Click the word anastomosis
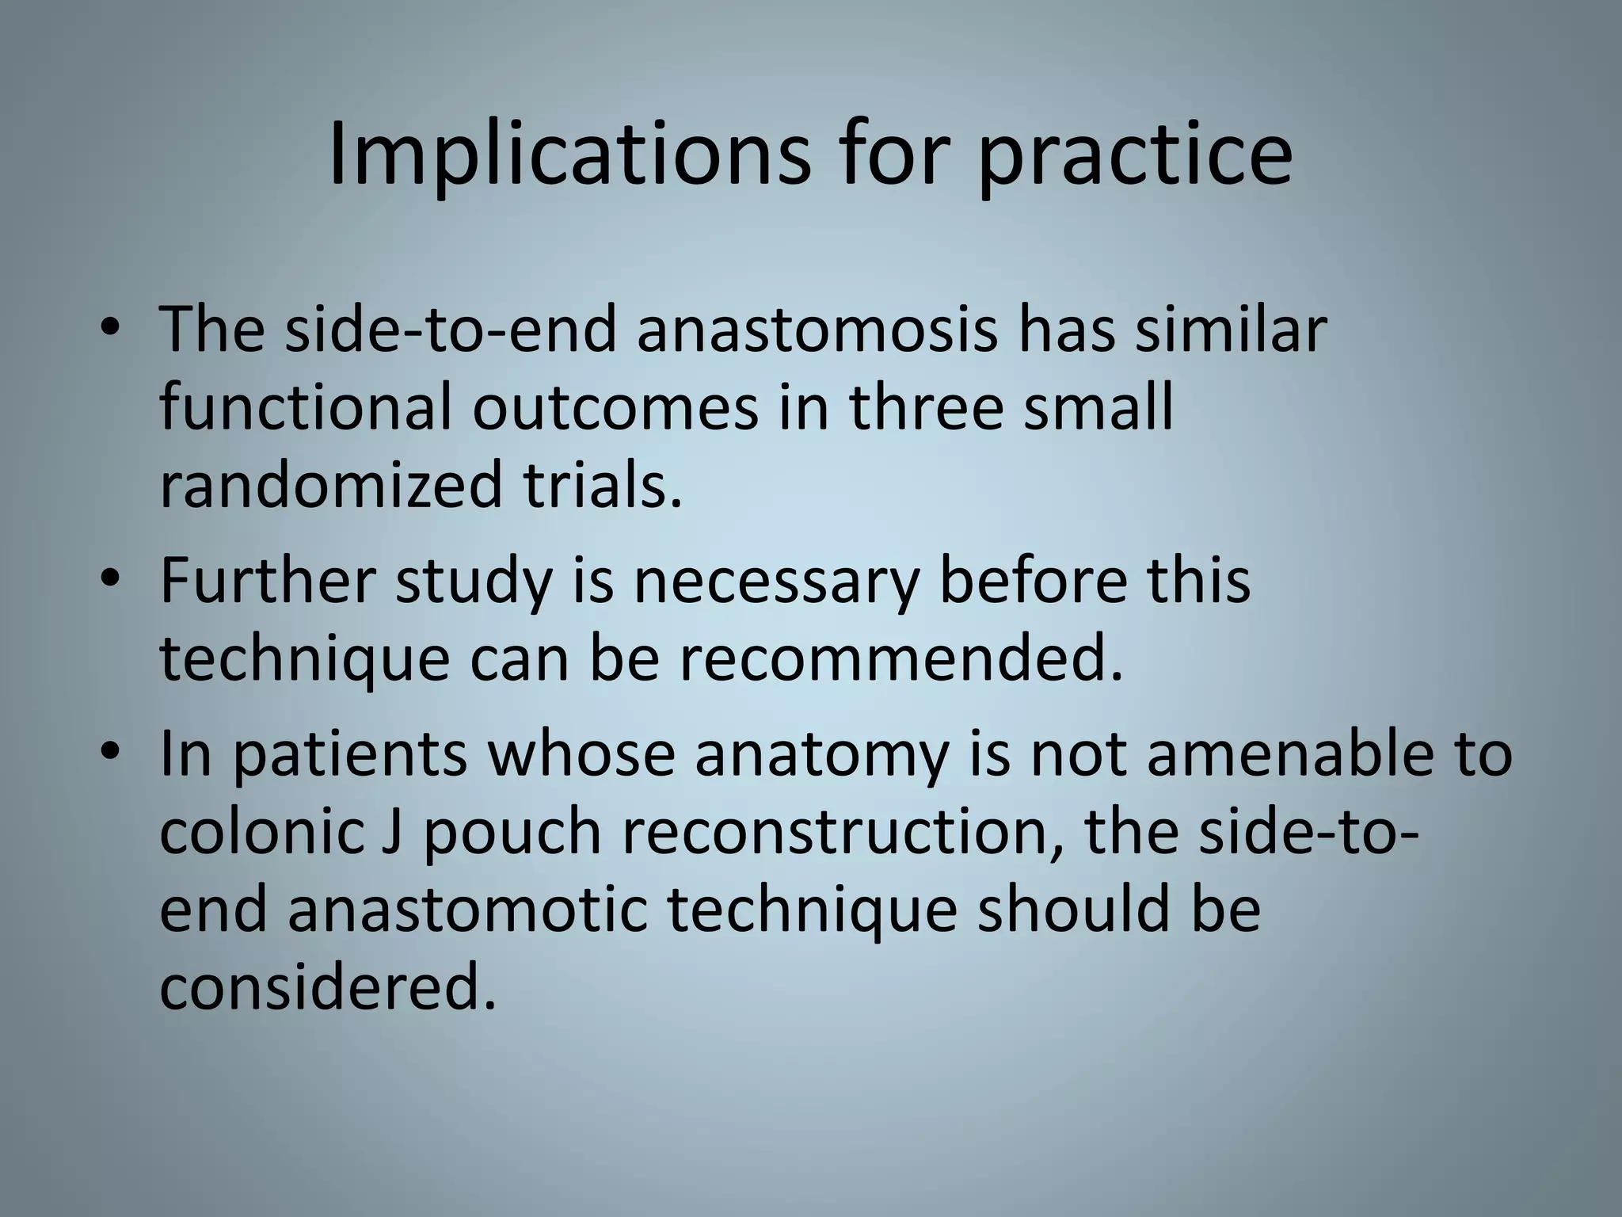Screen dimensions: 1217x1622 (817, 330)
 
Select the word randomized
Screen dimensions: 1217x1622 (330, 486)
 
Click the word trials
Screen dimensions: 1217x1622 (602, 485)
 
